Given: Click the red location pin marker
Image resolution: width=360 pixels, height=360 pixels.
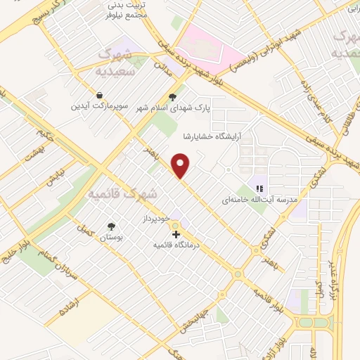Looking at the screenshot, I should (x=182, y=166).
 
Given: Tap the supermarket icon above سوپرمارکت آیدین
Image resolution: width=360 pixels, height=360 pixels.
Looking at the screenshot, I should (x=99, y=95).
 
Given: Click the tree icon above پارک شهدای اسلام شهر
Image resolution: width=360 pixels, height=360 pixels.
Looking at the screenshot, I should (x=173, y=98).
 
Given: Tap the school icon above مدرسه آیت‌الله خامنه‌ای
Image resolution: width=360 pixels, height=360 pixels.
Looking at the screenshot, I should (x=259, y=188).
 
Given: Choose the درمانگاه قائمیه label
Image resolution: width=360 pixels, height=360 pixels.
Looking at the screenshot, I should (x=176, y=245).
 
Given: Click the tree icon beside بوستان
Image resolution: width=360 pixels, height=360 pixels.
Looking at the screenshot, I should (x=111, y=226).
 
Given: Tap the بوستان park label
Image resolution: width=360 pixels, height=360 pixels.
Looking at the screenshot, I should (x=110, y=239).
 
